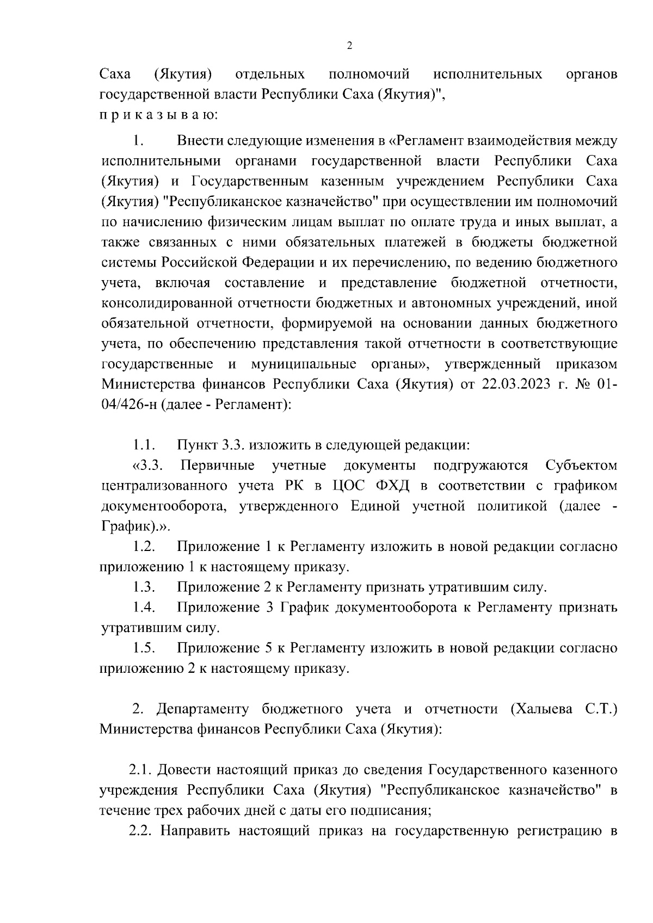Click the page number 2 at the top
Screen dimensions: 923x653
coord(349,46)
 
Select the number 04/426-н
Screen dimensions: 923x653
coord(128,405)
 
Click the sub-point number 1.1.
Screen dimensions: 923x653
coord(145,445)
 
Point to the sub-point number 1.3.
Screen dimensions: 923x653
coord(145,587)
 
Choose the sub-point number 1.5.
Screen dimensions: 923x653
coord(145,648)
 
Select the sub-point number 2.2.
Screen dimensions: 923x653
coord(140,831)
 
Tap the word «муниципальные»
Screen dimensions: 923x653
coord(304,364)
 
